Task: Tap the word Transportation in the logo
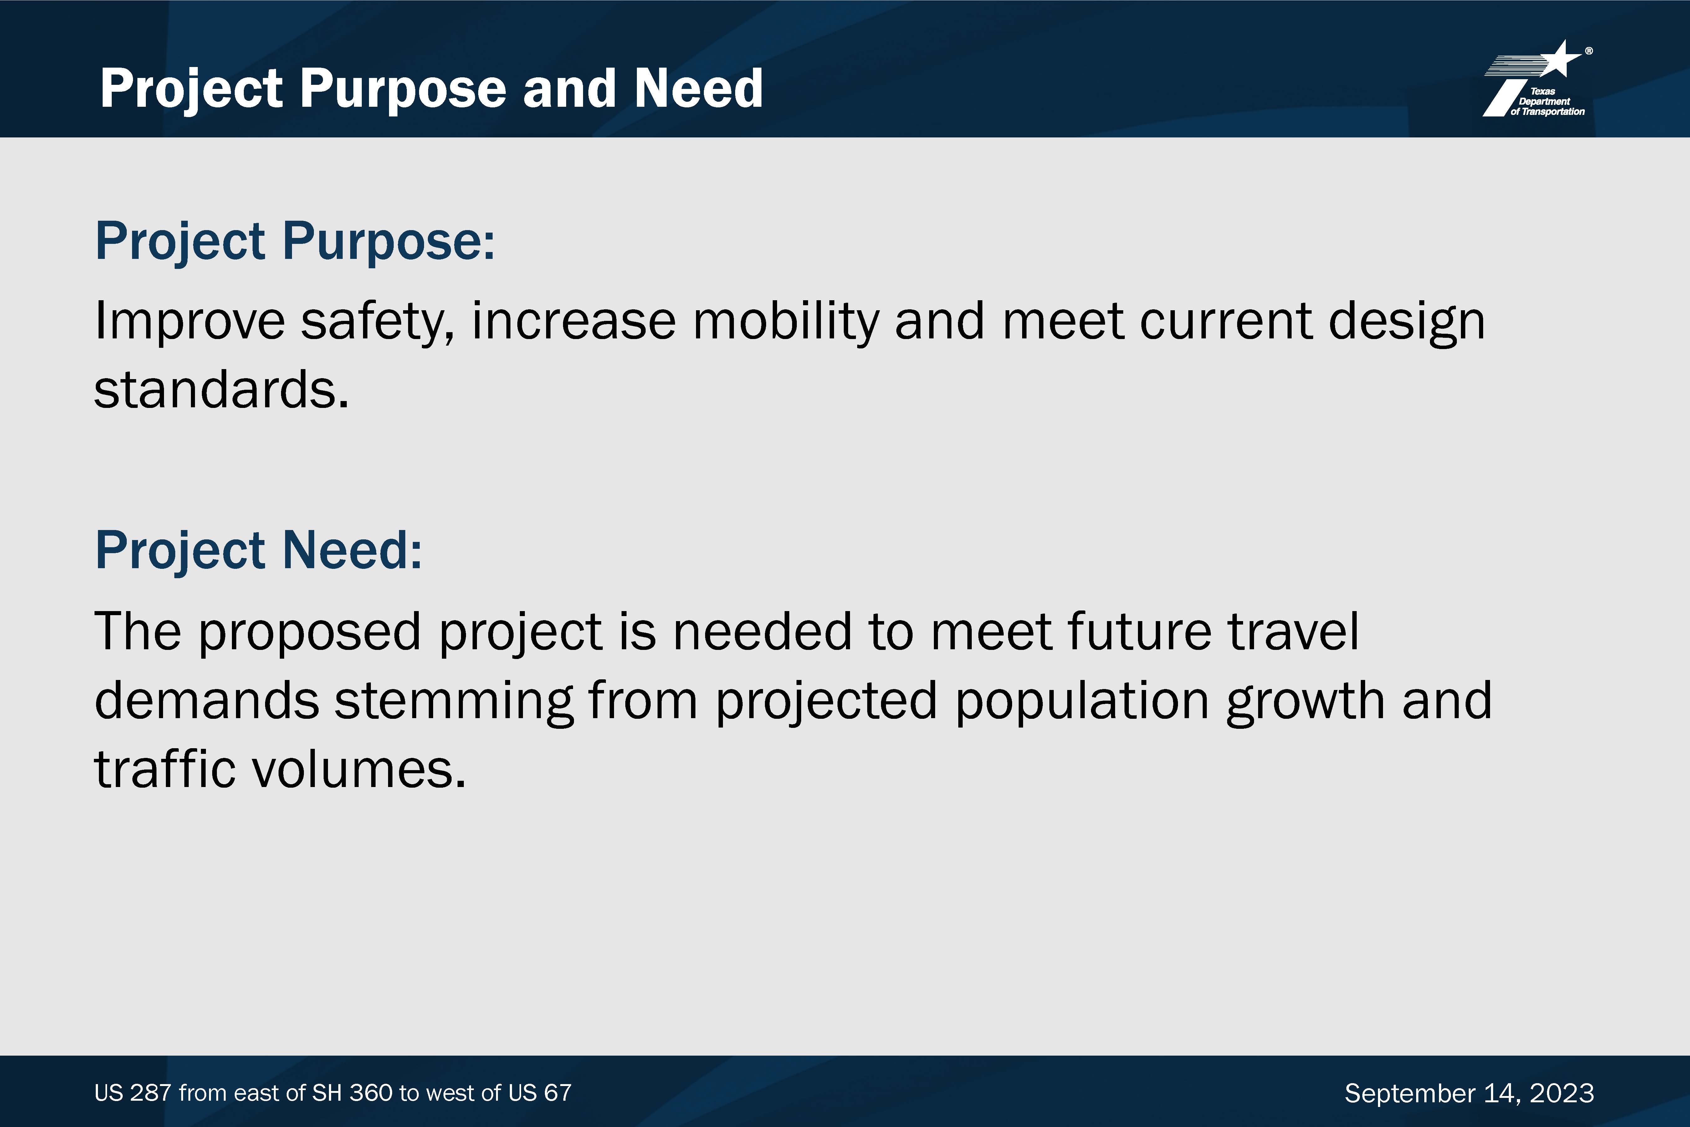[x=1553, y=111]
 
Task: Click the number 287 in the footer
[x=151, y=1093]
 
